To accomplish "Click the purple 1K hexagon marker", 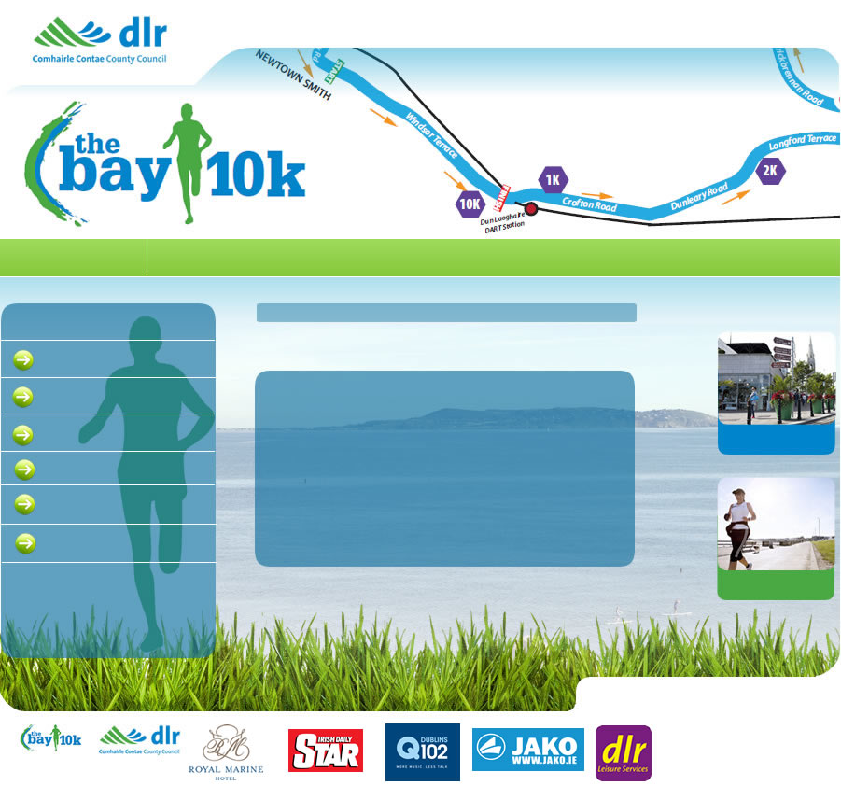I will tap(553, 179).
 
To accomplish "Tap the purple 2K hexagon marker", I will tap(771, 171).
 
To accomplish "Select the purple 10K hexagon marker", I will tap(470, 204).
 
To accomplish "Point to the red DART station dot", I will tap(531, 209).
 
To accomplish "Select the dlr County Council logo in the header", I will tap(100, 41).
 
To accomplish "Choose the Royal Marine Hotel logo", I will tap(232, 752).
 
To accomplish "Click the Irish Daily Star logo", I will tap(326, 750).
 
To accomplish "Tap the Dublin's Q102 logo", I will tap(423, 751).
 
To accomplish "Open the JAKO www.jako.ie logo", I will tap(528, 750).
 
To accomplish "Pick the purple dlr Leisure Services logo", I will tap(624, 752).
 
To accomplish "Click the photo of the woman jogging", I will tap(776, 525).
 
